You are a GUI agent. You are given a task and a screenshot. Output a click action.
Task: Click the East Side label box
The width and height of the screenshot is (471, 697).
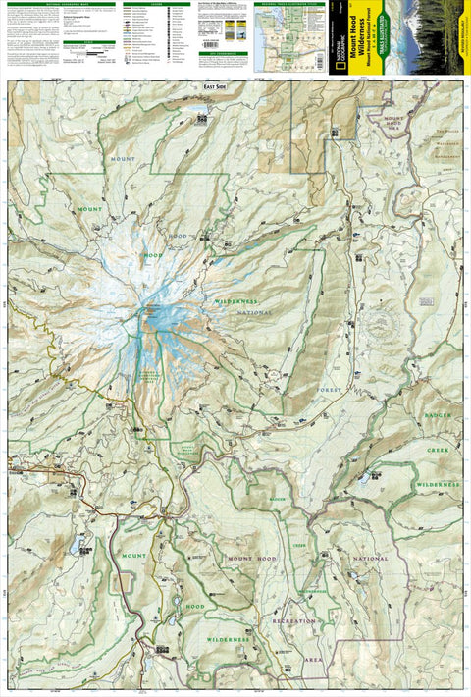tap(201, 87)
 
